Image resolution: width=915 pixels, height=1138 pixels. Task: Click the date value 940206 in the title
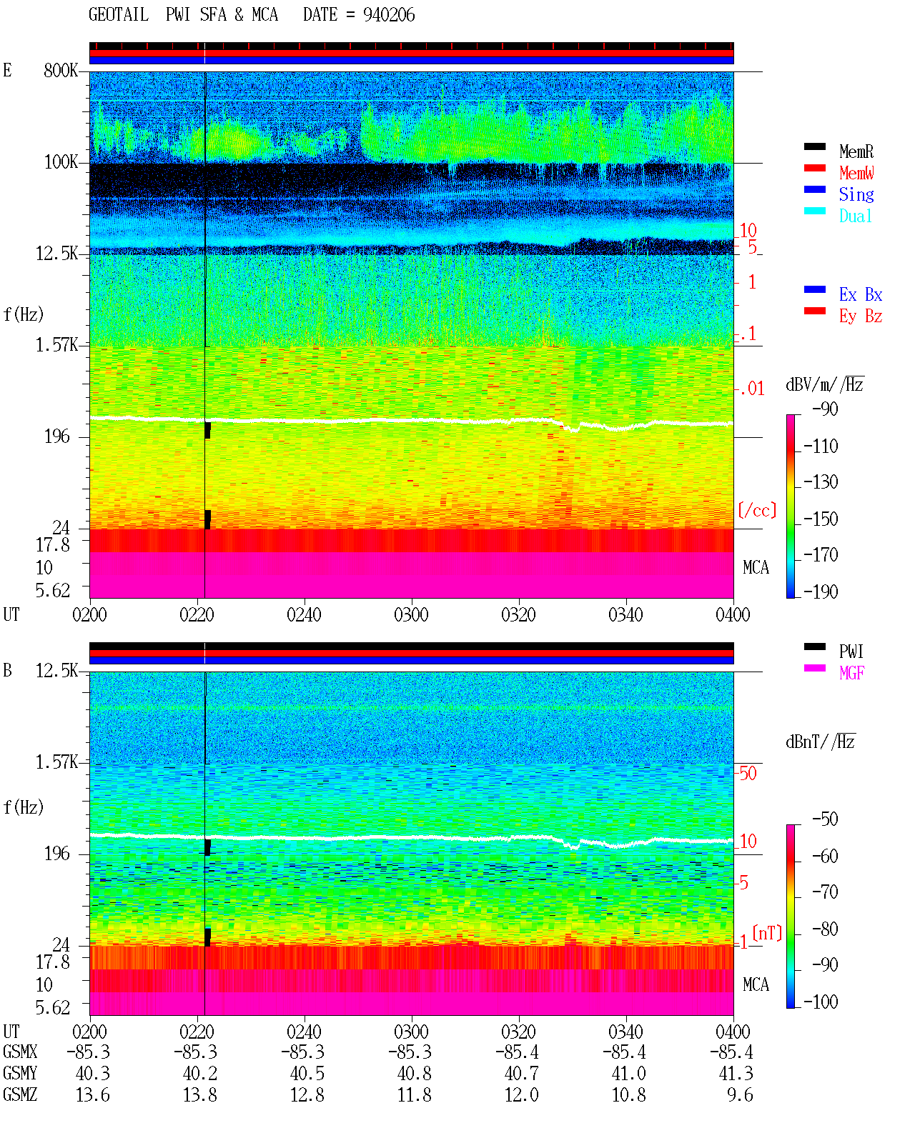tap(388, 15)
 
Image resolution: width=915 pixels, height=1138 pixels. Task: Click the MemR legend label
tap(856, 151)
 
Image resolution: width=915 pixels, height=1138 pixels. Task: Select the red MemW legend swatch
tap(814, 168)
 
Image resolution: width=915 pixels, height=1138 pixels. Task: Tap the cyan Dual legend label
tap(855, 216)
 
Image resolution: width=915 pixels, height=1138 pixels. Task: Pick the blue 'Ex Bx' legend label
tap(860, 294)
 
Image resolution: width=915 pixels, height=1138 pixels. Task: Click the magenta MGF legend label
tap(851, 673)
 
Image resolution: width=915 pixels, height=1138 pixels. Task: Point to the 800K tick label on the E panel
tap(61, 70)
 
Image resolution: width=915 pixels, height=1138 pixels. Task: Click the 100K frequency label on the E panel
tap(61, 162)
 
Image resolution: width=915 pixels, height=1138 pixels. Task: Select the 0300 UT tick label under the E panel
tap(411, 614)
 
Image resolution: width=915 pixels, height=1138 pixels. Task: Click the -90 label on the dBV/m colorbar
tap(825, 409)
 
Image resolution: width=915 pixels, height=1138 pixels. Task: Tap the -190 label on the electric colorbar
tap(821, 592)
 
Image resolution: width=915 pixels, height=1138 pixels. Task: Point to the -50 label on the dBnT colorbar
tap(825, 819)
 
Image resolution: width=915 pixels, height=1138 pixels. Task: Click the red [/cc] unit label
tap(757, 510)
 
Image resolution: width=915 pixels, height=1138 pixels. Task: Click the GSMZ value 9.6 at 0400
tap(740, 1094)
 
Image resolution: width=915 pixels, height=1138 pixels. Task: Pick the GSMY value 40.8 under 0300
tap(415, 1074)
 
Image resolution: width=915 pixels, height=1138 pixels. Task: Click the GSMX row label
tap(20, 1052)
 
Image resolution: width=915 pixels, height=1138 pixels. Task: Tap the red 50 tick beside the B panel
tap(748, 773)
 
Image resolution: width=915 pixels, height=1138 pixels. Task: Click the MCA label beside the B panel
tap(756, 984)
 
